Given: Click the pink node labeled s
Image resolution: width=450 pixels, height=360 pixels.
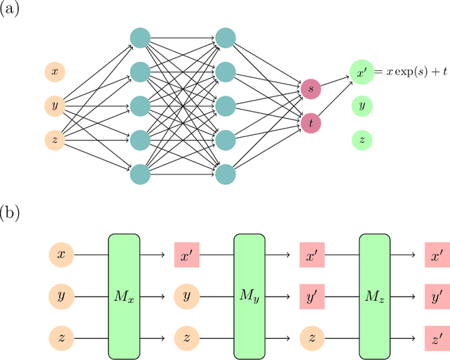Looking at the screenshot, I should click(x=310, y=89).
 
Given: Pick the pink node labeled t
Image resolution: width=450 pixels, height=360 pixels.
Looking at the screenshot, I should click(x=310, y=123).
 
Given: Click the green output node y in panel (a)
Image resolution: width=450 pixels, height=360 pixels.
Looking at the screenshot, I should click(x=361, y=105).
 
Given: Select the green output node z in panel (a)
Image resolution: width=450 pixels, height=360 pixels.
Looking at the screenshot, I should click(x=361, y=140).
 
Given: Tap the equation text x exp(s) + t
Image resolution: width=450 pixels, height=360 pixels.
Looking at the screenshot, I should click(x=411, y=72).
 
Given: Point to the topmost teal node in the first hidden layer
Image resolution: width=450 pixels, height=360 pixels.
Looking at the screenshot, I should click(x=140, y=37).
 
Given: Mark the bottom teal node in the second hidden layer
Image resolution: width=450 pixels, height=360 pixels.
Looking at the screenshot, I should click(x=225, y=174).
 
